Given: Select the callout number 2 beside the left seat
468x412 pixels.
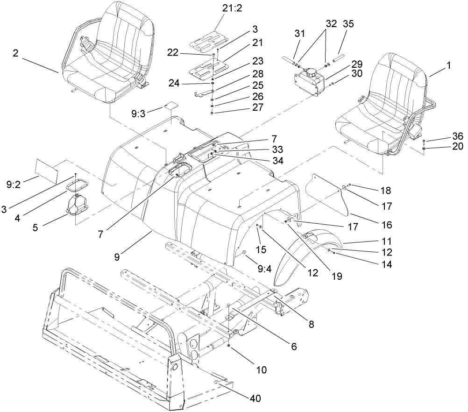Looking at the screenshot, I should click(x=15, y=54).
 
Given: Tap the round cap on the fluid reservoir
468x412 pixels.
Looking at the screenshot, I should click(x=310, y=73).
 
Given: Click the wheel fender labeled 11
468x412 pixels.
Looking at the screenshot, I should click(x=290, y=257).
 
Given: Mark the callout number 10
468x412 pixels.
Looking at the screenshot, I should click(x=261, y=370).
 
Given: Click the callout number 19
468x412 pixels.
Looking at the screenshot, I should click(x=336, y=276).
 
